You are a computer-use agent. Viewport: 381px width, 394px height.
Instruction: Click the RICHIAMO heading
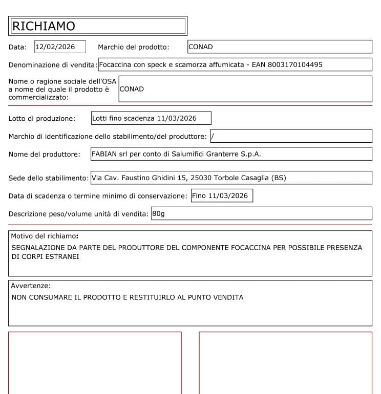44,26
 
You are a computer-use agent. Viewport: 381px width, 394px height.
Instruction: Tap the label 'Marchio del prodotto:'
133,47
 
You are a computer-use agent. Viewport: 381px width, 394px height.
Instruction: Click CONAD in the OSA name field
132,89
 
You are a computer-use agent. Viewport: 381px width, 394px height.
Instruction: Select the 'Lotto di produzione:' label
42,119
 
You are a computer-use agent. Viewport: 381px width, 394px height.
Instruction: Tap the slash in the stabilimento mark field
212,137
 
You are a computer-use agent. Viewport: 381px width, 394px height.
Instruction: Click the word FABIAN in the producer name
104,154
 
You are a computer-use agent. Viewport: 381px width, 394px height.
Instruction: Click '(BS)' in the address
279,178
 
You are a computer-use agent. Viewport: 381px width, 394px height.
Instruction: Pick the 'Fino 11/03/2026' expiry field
222,196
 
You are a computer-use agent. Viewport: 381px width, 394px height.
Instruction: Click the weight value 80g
158,213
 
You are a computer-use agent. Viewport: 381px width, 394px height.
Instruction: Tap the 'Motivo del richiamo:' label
45,236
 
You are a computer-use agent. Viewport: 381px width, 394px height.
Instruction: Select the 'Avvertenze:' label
31,286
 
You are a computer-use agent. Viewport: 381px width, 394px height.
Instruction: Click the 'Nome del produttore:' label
45,155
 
